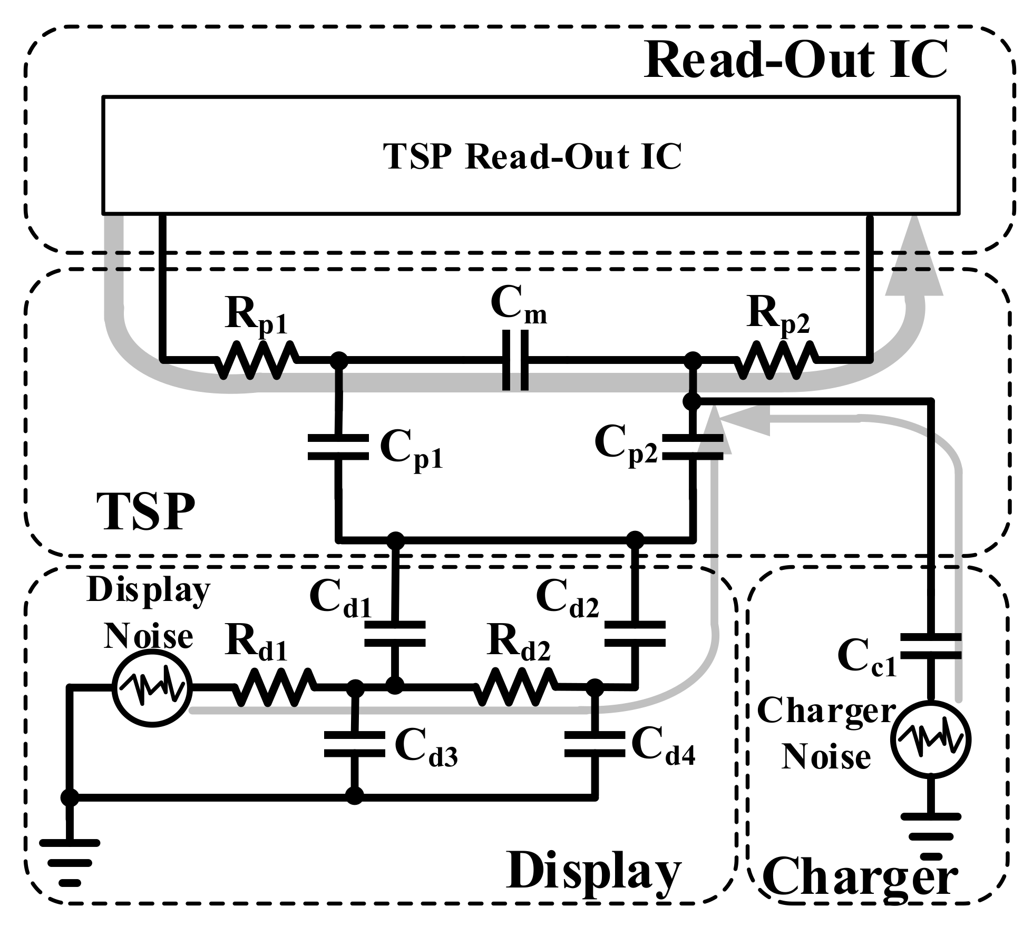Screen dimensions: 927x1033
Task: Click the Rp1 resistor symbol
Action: (257, 360)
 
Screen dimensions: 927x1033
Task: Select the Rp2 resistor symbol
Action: (775, 360)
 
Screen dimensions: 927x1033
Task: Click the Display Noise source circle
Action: (152, 687)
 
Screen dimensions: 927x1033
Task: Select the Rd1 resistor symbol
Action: (273, 687)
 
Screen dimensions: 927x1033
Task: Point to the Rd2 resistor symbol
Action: (515, 687)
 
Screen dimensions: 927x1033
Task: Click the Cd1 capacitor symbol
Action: (395, 634)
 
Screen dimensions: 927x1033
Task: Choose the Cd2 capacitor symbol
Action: (635, 634)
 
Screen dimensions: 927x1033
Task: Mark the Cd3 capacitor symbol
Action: (354, 744)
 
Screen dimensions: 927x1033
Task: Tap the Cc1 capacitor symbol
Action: (931, 647)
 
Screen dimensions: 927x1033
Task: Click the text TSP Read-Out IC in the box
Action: (532, 156)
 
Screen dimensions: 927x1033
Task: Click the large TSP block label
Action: (146, 511)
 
